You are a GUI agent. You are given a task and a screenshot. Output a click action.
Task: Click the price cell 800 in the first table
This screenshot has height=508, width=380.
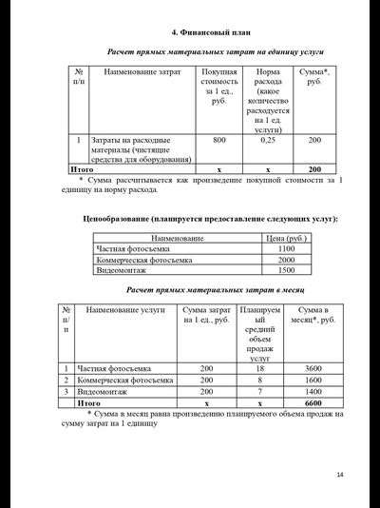pos(219,140)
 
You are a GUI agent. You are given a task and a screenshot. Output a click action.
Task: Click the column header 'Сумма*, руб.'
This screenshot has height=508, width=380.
pos(314,77)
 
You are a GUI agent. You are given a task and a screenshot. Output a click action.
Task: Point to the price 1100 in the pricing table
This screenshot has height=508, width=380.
pos(286,248)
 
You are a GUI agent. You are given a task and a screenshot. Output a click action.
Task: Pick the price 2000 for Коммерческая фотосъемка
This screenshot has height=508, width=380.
pos(286,260)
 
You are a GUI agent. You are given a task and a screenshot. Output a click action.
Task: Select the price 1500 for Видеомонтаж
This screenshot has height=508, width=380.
pos(286,270)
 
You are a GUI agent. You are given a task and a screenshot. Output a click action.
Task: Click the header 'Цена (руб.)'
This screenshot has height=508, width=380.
pos(286,238)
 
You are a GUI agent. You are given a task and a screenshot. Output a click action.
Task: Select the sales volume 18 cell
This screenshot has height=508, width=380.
pos(259,368)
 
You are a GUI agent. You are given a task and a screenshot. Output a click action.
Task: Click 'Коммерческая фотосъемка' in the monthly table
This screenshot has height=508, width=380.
pos(124,380)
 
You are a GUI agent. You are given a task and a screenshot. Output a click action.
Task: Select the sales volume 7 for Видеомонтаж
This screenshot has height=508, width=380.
pos(259,391)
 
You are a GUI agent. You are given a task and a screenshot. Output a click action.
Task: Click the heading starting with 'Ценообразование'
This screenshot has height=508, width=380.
pos(209,220)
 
